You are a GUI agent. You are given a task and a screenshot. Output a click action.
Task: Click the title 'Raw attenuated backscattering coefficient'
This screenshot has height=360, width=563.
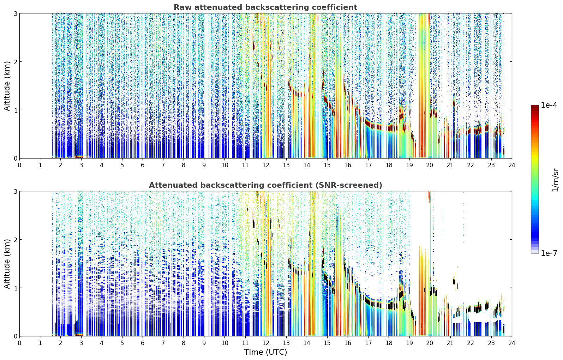[265, 7]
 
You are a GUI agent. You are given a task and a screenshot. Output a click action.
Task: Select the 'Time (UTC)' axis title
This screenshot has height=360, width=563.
[265, 352]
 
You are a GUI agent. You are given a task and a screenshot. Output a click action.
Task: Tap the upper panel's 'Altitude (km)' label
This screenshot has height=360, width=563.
[7, 86]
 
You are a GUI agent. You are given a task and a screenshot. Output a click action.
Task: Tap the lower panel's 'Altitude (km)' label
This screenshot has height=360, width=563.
[7, 264]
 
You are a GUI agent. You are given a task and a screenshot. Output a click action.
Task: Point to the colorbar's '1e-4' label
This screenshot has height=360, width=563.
[549, 105]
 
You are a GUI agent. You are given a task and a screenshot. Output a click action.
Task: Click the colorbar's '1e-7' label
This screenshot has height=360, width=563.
[549, 253]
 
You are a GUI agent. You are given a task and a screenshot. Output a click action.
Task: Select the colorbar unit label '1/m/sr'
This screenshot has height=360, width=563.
[555, 180]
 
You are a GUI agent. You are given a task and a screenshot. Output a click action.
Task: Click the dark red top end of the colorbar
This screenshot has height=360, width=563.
[535, 106]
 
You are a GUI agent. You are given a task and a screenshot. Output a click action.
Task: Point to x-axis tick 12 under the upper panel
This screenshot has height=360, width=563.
[266, 165]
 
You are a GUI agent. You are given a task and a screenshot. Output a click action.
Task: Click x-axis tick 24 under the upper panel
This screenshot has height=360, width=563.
[512, 165]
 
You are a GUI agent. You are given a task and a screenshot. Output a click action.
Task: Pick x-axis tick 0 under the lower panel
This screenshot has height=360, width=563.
[20, 343]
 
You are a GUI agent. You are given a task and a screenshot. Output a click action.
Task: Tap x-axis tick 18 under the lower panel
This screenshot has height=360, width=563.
[389, 343]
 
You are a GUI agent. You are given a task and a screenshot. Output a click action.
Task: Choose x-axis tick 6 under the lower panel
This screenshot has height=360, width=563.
[143, 343]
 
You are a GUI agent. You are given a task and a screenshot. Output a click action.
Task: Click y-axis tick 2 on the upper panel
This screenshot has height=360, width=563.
[15, 62]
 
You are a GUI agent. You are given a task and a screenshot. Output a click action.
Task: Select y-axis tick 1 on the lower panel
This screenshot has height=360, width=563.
[15, 288]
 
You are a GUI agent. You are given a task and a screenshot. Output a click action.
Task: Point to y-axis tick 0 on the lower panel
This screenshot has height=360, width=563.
[15, 336]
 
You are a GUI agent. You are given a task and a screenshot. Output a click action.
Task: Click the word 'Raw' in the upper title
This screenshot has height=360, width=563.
[183, 7]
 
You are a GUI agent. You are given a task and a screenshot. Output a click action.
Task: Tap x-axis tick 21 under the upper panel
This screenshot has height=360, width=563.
[450, 165]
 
